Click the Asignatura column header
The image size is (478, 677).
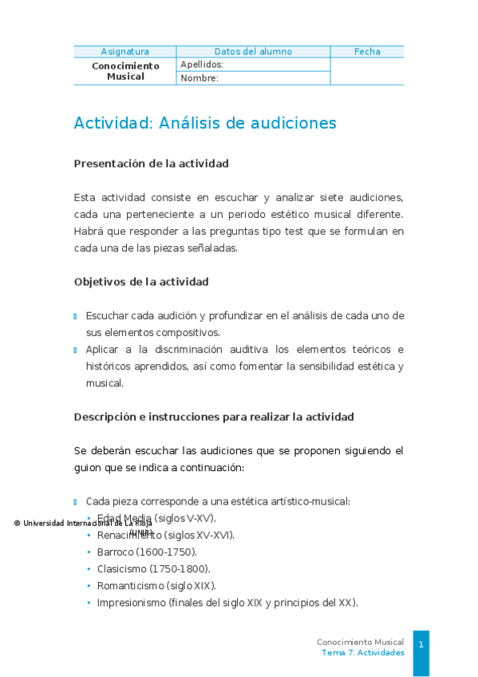[124, 52]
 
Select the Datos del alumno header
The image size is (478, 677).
[253, 52]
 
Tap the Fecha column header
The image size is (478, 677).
[367, 52]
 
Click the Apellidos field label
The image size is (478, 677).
[202, 65]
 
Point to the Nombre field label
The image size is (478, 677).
[199, 78]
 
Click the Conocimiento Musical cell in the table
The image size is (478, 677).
[125, 71]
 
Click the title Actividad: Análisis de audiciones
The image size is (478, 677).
[205, 123]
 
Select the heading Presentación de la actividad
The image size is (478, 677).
[151, 164]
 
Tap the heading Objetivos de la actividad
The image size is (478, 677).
[141, 282]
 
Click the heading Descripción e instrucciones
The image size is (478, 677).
[214, 417]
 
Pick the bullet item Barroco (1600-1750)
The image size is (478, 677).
[147, 552]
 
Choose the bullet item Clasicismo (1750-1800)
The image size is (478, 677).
[153, 568]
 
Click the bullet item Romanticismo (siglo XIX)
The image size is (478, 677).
[156, 585]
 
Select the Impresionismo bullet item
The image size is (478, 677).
[227, 602]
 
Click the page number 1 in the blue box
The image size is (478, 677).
[421, 643]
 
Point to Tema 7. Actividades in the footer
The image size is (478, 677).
[362, 652]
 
